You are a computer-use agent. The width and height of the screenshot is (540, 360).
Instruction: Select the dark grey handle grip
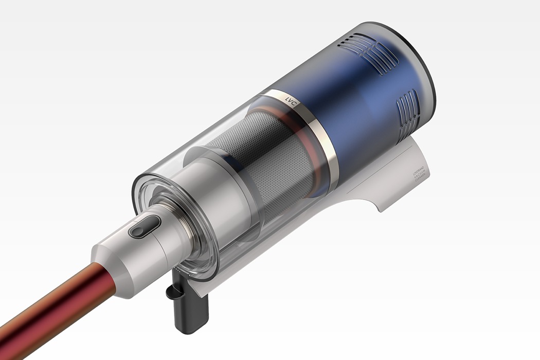192,313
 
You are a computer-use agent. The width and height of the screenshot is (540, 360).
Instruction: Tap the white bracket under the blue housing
381,190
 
